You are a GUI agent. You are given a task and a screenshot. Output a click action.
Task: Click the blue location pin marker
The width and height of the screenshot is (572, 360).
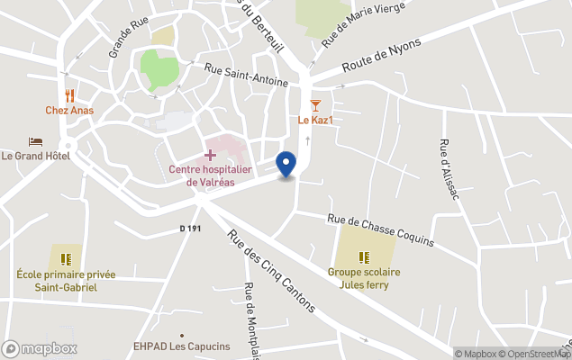(286, 164)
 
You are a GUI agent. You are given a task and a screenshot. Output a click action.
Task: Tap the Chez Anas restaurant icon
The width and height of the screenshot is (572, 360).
(69, 95)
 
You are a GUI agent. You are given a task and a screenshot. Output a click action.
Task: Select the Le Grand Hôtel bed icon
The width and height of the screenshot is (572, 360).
(35, 142)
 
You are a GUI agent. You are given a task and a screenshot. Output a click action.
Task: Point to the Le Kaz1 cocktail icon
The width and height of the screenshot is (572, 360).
(315, 106)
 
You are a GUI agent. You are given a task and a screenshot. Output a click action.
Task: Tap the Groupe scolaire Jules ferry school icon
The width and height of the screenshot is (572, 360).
(364, 257)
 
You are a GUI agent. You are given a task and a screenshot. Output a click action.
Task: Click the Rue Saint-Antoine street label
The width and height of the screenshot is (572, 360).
(246, 75)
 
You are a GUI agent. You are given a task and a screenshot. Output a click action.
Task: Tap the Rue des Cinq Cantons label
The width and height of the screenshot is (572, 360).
(271, 272)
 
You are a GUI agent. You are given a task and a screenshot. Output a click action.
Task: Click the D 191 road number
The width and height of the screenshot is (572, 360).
(189, 229)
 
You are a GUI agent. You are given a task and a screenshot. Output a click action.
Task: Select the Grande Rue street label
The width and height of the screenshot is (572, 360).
(127, 39)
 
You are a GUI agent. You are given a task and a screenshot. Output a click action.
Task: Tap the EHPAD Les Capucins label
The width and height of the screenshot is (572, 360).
(182, 346)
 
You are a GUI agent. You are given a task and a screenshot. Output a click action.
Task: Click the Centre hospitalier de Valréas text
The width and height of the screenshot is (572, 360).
(210, 175)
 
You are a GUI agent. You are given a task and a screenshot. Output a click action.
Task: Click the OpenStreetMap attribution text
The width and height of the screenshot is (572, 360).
(536, 354)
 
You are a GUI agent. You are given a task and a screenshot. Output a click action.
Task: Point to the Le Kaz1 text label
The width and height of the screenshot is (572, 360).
(316, 121)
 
